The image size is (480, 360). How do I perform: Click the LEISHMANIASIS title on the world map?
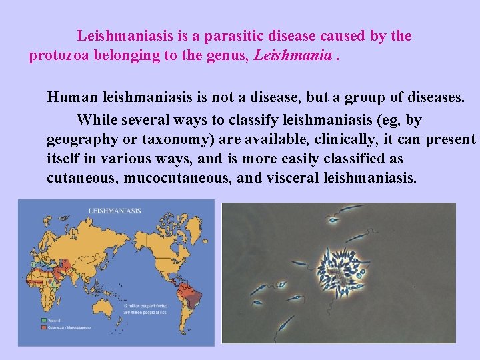115,211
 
